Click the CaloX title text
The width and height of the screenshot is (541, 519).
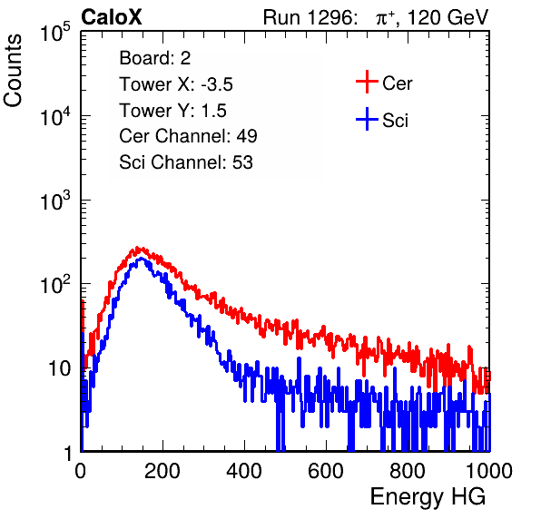(111, 17)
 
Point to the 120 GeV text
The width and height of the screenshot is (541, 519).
(448, 17)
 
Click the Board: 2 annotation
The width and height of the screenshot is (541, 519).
(155, 58)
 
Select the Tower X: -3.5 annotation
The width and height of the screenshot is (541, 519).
(176, 84)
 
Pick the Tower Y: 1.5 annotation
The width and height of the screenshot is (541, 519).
(172, 111)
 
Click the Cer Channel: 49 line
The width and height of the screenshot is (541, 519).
(188, 136)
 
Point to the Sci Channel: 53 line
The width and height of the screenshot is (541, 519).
(186, 162)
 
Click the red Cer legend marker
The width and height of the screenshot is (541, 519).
(367, 82)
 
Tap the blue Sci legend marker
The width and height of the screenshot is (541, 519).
(367, 120)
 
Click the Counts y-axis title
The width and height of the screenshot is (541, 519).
(13, 71)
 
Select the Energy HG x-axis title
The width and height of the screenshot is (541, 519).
(428, 497)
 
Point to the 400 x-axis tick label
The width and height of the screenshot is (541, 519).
(244, 471)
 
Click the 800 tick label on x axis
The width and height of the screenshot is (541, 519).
(408, 471)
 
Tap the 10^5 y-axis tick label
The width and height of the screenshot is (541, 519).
(55, 33)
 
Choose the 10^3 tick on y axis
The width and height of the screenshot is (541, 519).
(55, 201)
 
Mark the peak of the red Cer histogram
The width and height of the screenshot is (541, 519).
(138, 248)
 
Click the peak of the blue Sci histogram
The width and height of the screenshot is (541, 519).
(141, 259)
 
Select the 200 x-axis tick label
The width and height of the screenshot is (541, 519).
(162, 471)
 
